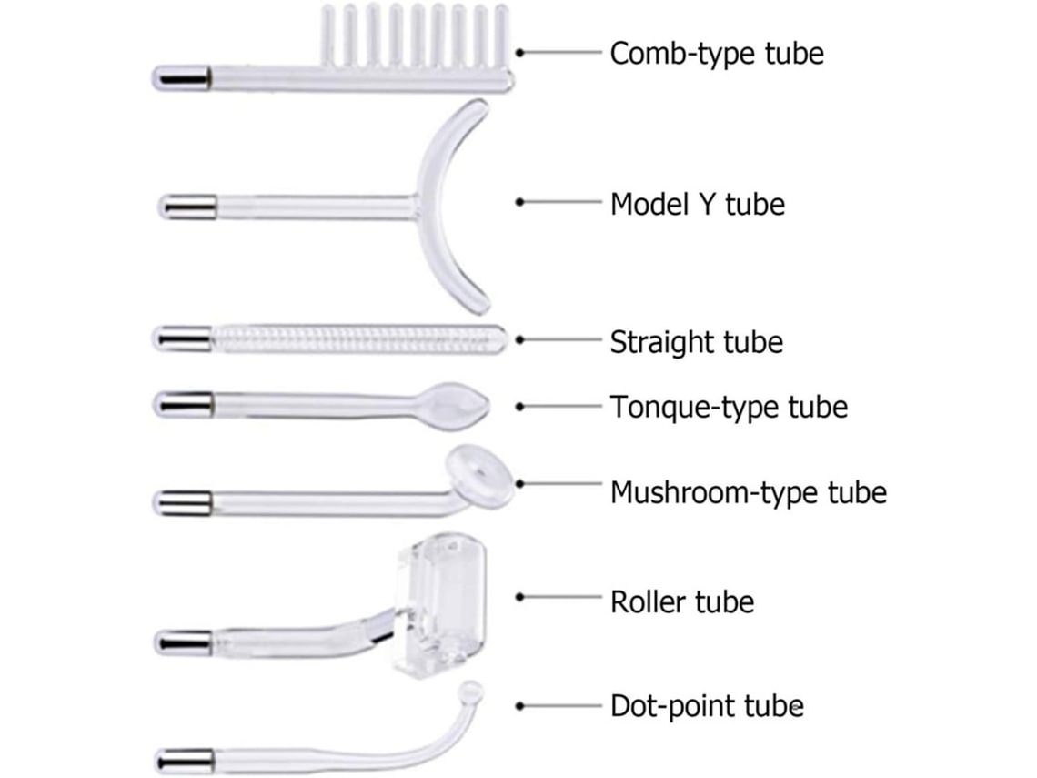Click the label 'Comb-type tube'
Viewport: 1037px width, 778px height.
[x=717, y=54]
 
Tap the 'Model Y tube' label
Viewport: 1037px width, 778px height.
[x=698, y=204]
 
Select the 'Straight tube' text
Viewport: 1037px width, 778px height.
[x=697, y=342]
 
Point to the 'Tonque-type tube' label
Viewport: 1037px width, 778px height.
[x=729, y=407]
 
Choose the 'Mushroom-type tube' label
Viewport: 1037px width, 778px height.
[x=748, y=492]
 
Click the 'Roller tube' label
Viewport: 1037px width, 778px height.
[x=682, y=602]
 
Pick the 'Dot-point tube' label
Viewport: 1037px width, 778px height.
[x=707, y=706]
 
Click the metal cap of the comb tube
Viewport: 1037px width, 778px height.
[x=183, y=77]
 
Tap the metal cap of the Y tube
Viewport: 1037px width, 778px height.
[x=187, y=207]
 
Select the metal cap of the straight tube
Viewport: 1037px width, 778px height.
[x=183, y=338]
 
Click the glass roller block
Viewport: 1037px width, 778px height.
[x=440, y=607]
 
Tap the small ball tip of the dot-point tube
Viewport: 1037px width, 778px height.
[x=473, y=692]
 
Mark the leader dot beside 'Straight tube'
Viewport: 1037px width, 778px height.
[x=519, y=340]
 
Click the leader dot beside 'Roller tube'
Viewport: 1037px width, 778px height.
[x=519, y=598]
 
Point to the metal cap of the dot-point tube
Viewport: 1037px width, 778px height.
[x=186, y=760]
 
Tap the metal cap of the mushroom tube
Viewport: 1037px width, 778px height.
[x=183, y=503]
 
